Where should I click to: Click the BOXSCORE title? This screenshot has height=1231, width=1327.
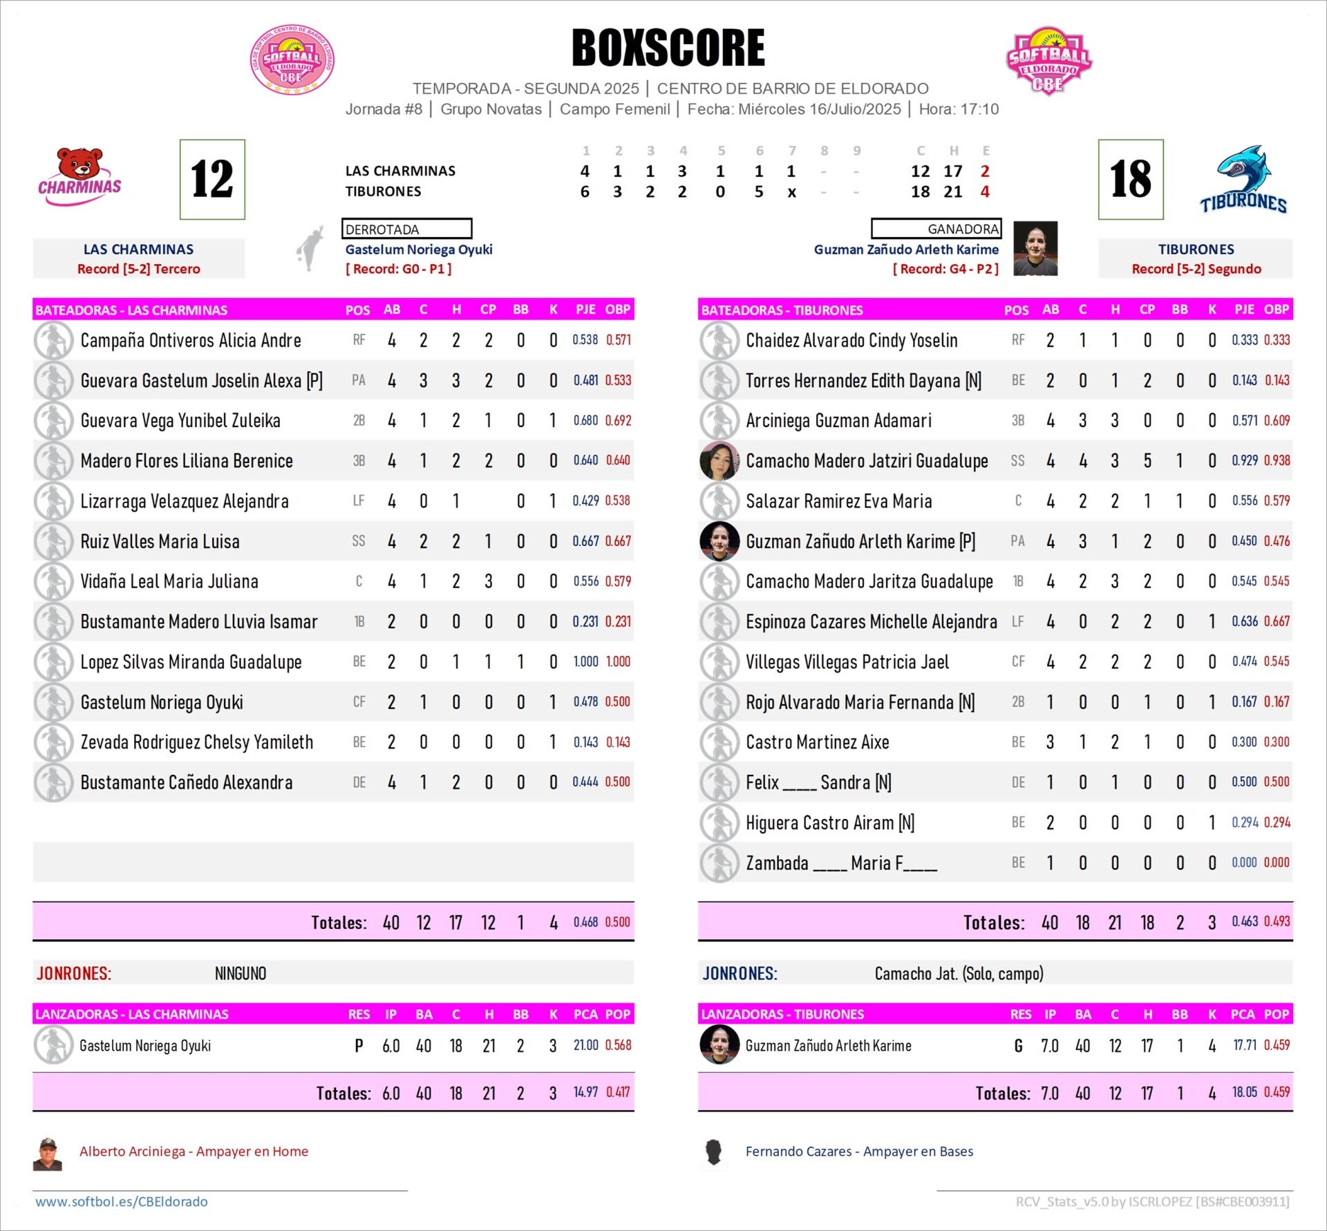[x=668, y=48]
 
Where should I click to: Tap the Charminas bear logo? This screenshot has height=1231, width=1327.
[x=79, y=176]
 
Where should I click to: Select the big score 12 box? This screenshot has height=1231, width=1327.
[x=212, y=180]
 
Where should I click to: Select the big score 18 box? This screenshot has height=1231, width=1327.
[x=1131, y=180]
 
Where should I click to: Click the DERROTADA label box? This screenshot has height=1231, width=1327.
[x=406, y=229]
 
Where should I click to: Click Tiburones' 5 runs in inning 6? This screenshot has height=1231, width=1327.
[x=759, y=192]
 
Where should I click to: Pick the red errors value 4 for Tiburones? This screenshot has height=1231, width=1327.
[x=985, y=192]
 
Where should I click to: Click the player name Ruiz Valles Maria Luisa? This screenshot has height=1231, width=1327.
[x=160, y=541]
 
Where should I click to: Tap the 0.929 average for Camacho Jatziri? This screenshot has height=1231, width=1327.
[x=1244, y=460]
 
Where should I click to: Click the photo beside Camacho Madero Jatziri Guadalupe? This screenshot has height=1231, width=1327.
[x=719, y=461]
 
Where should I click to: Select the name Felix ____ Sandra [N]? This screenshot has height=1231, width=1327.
[x=818, y=782]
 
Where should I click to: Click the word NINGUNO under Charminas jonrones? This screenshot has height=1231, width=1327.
[x=241, y=973]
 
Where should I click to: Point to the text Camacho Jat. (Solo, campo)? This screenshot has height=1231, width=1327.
[x=959, y=973]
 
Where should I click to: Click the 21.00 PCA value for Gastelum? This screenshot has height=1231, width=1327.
[x=585, y=1045]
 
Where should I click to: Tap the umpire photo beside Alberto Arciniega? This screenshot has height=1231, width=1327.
[x=48, y=1154]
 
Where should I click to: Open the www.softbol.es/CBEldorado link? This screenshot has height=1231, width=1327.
[x=122, y=1201]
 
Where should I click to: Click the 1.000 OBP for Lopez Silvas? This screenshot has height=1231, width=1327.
[x=618, y=661]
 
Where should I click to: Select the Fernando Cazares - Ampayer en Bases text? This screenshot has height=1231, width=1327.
[x=859, y=1152]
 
